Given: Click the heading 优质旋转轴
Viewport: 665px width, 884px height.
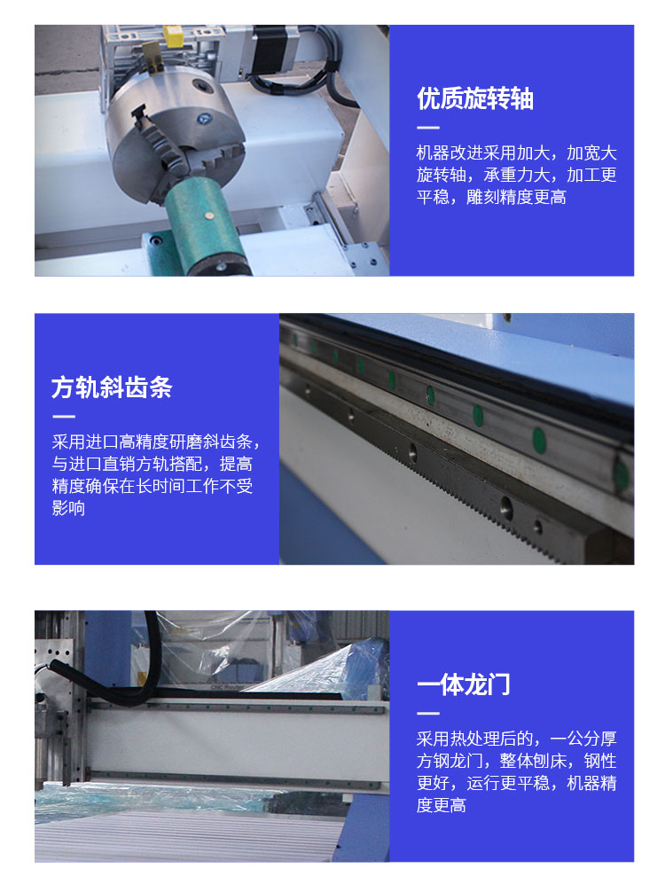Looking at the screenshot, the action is pos(475,98).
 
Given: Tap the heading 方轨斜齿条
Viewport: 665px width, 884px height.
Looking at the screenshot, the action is pos(112,387).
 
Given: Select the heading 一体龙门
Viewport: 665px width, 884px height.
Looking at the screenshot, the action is pos(463,685).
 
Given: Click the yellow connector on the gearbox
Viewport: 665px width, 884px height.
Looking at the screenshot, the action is pos(172,35).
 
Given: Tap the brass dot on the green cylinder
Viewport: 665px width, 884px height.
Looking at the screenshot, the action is pos(209,215).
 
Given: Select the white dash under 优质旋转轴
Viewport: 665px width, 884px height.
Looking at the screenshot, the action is pos(427,128).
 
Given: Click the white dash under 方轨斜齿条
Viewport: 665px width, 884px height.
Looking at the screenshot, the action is pos(63,417).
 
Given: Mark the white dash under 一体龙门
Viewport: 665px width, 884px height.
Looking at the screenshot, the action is pos(427,714).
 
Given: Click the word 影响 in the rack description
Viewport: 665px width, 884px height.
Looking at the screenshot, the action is pos(68,508).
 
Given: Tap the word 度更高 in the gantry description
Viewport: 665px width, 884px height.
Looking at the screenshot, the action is pos(442,805).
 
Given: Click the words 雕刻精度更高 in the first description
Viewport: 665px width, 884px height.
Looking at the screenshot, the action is pos(516,198).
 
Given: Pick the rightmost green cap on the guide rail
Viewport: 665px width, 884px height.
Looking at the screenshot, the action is pos(621,473).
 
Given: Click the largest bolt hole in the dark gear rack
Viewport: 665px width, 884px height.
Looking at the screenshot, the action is pos(506,507).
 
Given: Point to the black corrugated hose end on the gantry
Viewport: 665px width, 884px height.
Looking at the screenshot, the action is pos(55,667).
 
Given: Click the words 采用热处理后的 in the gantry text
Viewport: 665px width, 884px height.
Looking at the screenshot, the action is pos(474,739).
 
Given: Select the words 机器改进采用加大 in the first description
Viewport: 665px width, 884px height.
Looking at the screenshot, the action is pos(483,153).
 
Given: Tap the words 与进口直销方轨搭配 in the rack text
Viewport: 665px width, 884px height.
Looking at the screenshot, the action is pos(127,464).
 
